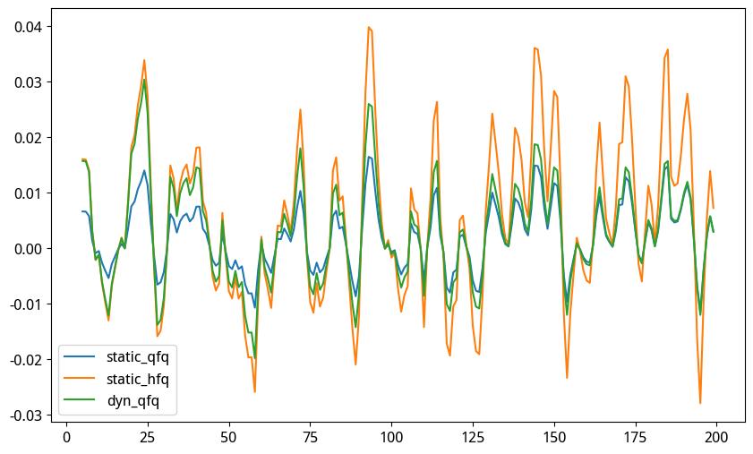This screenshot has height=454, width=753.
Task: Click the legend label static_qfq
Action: pos(137,357)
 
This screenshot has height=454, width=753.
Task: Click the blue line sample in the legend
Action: pos(84,357)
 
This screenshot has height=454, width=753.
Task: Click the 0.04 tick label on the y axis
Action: pos(30,27)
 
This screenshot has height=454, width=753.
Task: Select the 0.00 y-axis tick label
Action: pos(30,248)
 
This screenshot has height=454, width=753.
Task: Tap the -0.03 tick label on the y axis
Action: pos(28,415)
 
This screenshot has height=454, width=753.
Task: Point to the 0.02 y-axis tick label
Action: pos(30,138)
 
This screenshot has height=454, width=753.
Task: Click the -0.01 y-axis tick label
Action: pos(28,304)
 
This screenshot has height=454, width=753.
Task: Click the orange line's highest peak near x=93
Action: pos(368,27)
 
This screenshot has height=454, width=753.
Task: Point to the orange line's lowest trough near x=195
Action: pos(700,403)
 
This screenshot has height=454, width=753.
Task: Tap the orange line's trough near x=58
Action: pos(254,391)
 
